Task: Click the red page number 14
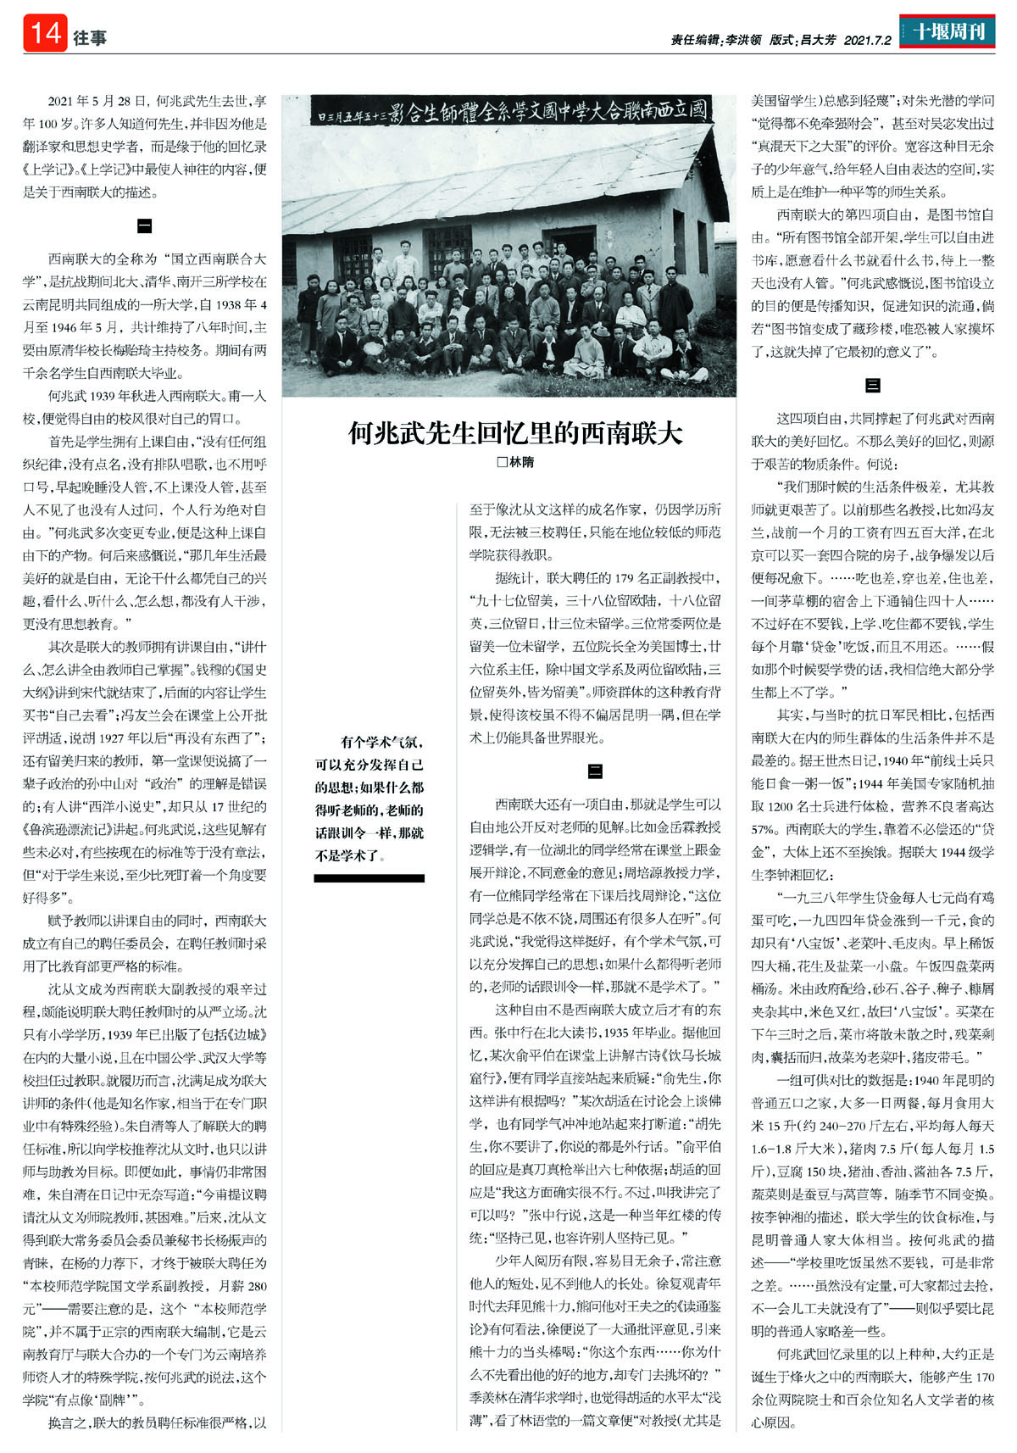pos(45,34)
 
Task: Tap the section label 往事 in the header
pos(90,36)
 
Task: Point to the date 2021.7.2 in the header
pos(868,39)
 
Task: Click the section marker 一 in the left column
pos(144,226)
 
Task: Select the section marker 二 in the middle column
pos(595,771)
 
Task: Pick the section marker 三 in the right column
pos(872,386)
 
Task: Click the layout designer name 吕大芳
pos(817,39)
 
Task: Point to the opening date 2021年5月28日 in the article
pos(97,100)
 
